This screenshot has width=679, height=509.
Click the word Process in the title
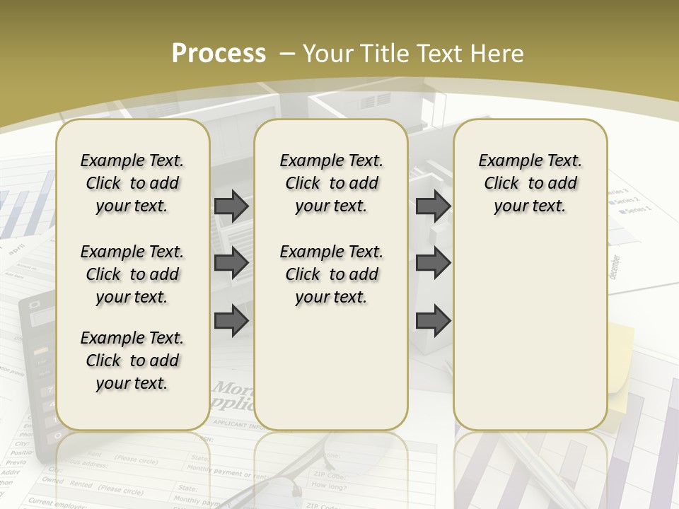[x=219, y=53]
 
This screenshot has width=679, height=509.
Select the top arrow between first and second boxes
[x=231, y=206]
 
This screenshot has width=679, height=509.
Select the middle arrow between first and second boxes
[x=231, y=263]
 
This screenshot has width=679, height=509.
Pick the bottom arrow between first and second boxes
[x=231, y=320]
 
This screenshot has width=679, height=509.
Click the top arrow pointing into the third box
[x=433, y=206]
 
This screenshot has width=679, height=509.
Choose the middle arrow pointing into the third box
[x=433, y=263]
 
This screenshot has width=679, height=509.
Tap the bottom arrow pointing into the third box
[x=433, y=320]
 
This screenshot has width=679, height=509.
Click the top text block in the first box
[x=132, y=183]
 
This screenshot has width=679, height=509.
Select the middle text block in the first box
[x=132, y=274]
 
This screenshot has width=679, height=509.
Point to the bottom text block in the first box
[x=132, y=361]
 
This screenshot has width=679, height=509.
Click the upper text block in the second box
[x=331, y=183]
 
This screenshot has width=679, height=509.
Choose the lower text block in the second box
[x=331, y=274]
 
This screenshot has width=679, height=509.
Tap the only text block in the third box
[x=530, y=183]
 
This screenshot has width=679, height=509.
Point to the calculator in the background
[x=39, y=368]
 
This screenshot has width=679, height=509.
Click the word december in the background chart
[x=615, y=267]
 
